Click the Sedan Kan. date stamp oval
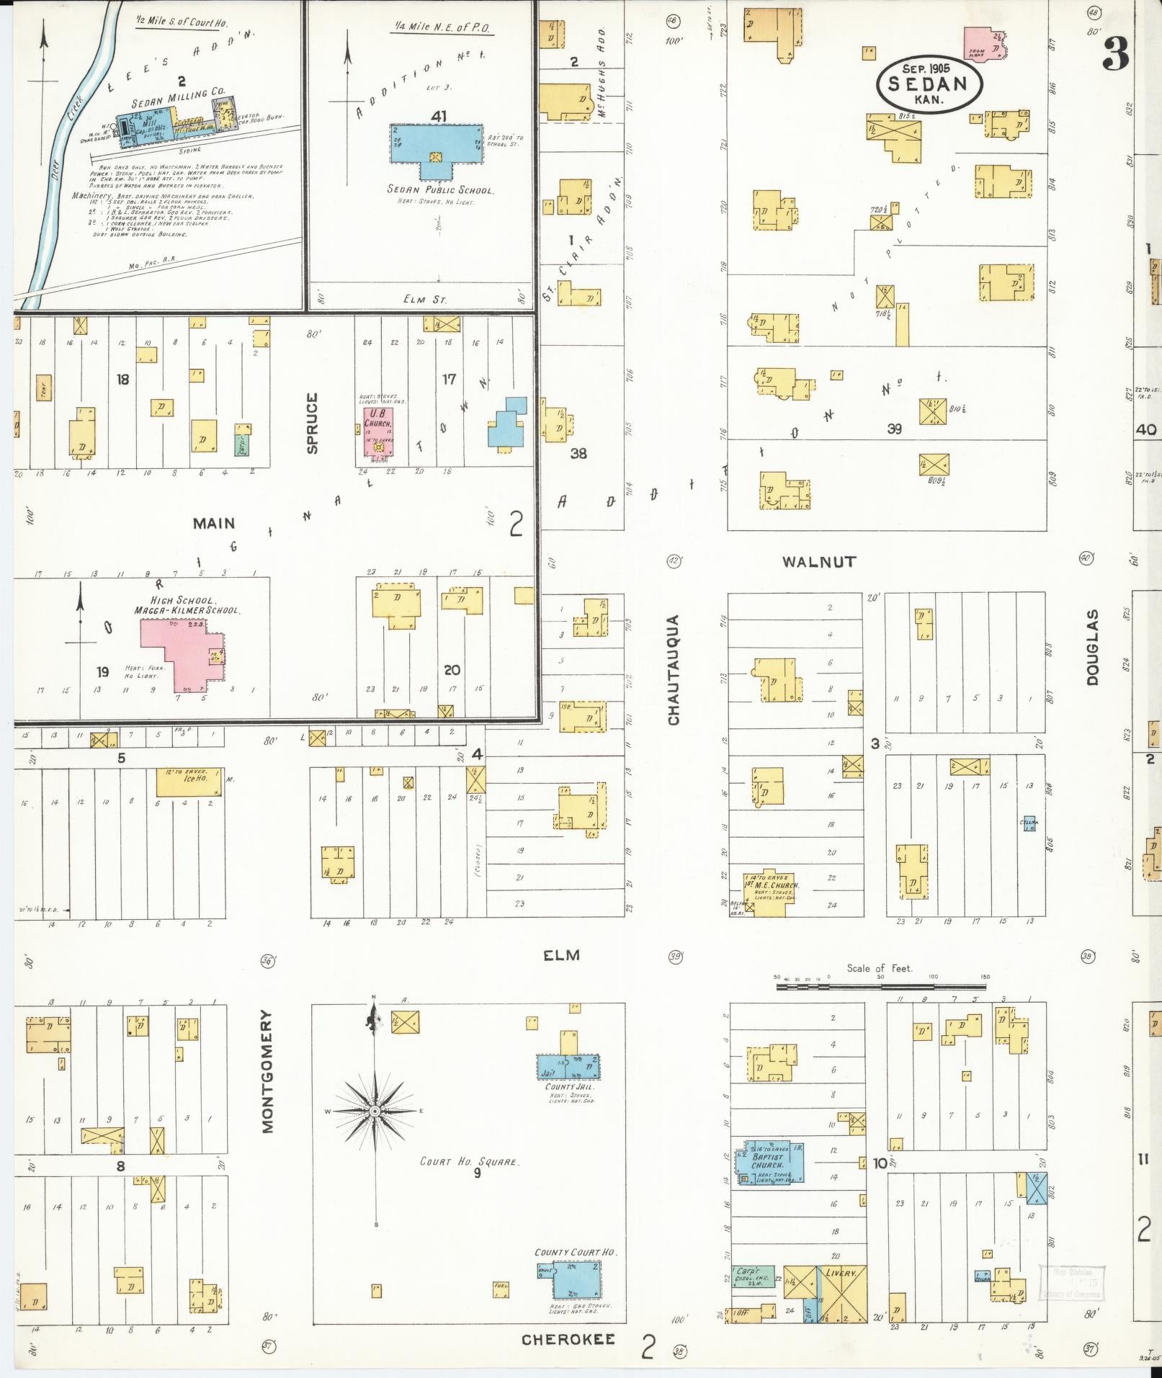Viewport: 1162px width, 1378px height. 929,85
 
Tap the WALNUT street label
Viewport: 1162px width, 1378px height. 819,562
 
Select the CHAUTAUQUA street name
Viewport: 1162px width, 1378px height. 674,670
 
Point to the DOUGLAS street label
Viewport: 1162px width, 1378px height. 1093,647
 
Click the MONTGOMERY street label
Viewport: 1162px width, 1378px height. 268,1071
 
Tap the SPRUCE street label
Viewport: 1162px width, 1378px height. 312,423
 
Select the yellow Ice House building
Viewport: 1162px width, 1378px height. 189,782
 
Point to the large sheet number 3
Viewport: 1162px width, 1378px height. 1116,54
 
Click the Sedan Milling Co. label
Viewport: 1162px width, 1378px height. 178,94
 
